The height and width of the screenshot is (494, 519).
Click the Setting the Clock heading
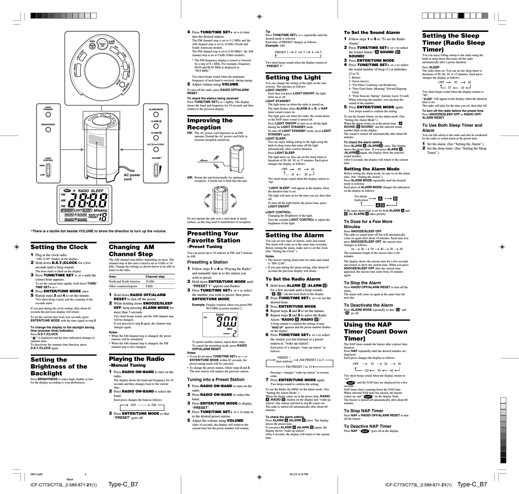point(59,247)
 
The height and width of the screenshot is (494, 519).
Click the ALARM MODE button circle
point(156,114)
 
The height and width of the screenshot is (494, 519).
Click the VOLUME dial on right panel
point(156,170)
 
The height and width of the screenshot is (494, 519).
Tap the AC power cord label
point(132,177)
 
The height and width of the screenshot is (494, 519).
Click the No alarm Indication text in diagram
point(361,198)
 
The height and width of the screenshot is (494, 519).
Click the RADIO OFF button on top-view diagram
point(103,45)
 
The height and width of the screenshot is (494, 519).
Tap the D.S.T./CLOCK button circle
point(156,149)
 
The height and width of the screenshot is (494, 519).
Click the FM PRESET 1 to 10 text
point(299,366)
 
